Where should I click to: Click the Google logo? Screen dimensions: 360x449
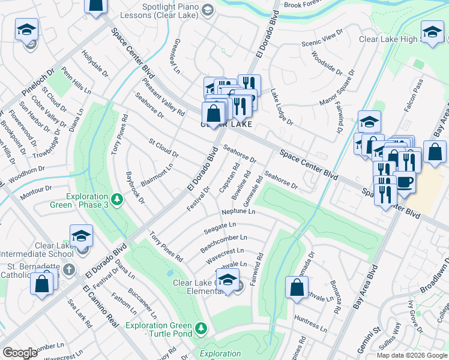pyautogui.click(x=20, y=353)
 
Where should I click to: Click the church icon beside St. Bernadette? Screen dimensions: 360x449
pyautogui.click(x=70, y=270)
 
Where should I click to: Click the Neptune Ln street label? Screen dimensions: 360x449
pyautogui.click(x=238, y=212)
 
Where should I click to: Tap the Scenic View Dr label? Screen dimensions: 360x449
pyautogui.click(x=322, y=40)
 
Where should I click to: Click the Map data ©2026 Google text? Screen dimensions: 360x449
pyautogui.click(x=412, y=355)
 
